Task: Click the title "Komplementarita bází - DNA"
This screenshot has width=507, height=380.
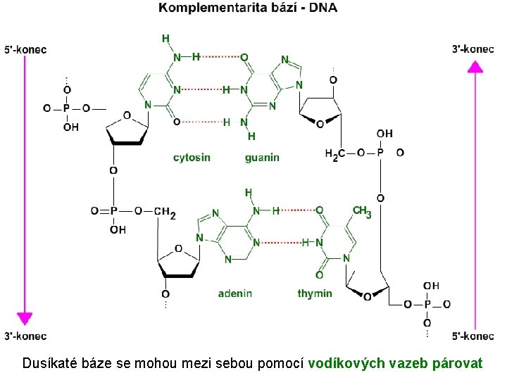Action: click(x=247, y=8)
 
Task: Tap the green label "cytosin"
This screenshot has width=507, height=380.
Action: click(x=192, y=158)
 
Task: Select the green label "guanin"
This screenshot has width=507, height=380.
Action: click(x=262, y=158)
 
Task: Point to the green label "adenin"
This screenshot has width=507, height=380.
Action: click(x=235, y=293)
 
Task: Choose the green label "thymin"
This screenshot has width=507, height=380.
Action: click(x=315, y=293)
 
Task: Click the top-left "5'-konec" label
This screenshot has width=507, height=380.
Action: click(x=25, y=49)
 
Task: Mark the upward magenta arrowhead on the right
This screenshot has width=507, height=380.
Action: click(x=476, y=67)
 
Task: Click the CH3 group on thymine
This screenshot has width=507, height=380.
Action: click(x=361, y=212)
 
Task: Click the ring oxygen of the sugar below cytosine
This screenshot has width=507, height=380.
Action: click(x=127, y=115)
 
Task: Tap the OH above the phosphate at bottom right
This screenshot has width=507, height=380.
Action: click(x=431, y=286)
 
